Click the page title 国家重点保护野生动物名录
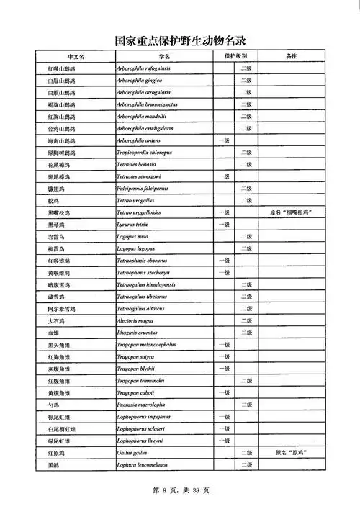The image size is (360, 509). [180, 41]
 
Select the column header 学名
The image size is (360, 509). [164, 56]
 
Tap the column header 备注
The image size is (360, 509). [292, 56]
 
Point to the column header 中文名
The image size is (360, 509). [76, 56]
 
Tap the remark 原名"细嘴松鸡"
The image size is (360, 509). [292, 212]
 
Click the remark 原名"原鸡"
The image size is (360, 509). [292, 453]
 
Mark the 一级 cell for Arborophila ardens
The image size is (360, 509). [224, 140]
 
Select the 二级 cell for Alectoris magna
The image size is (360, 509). [246, 320]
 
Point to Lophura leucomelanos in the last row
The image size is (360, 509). [144, 465]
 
